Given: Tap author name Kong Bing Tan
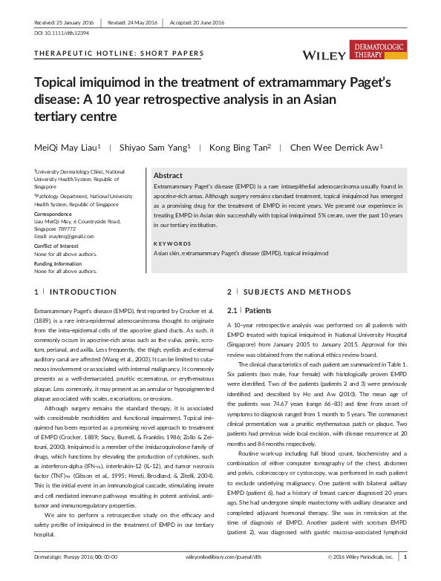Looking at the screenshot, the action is [x=239, y=147].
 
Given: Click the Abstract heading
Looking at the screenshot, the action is [x=168, y=175].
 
